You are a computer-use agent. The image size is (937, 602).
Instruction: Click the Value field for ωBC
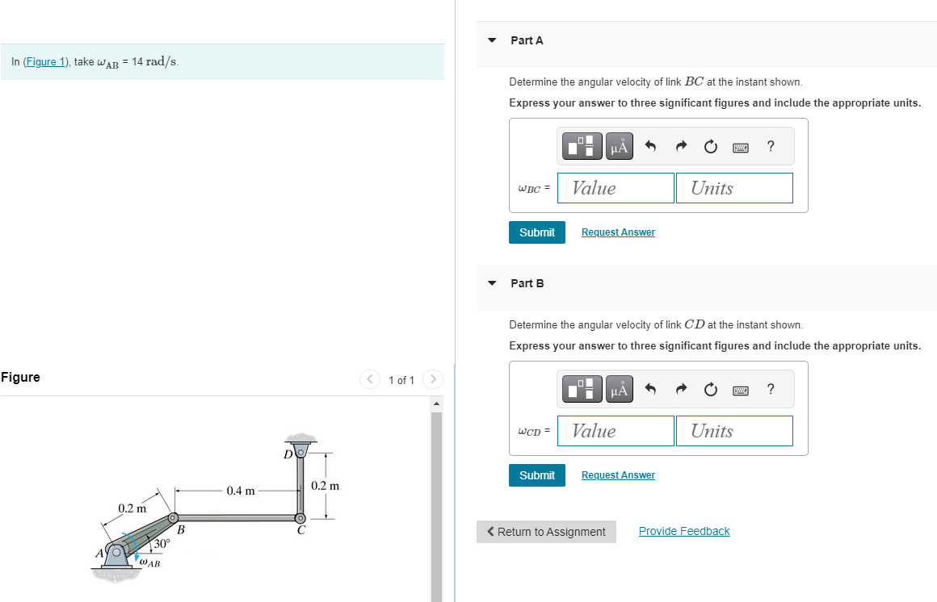(x=616, y=188)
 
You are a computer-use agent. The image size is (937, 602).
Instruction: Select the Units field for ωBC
(x=734, y=188)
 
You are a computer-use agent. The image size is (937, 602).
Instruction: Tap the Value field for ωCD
(x=616, y=431)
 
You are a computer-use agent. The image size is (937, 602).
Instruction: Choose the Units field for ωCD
(x=734, y=431)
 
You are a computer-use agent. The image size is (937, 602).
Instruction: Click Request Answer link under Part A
(x=618, y=232)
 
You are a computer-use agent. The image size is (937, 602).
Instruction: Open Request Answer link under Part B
(x=618, y=475)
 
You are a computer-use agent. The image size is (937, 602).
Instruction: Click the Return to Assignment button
(x=546, y=532)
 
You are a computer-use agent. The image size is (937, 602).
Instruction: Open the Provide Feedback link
(x=684, y=531)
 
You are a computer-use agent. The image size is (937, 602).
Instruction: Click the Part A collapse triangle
(x=492, y=40)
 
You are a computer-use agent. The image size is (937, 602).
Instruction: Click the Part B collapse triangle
(x=492, y=283)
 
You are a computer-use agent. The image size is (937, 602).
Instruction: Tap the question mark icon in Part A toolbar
(x=771, y=146)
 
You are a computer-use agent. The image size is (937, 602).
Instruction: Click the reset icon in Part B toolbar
(x=710, y=390)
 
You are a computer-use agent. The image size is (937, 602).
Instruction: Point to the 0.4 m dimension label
(x=241, y=491)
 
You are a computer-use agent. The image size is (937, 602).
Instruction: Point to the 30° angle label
(x=162, y=544)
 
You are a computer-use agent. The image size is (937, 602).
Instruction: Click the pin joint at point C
(x=300, y=518)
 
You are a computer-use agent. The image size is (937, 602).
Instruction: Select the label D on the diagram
(x=288, y=454)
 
